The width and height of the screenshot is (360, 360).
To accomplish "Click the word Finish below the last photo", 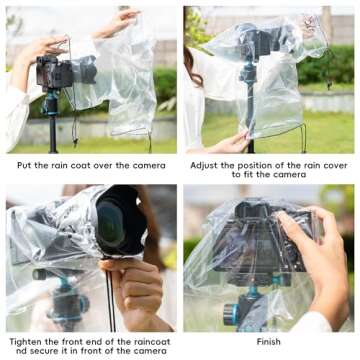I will pos(267,341).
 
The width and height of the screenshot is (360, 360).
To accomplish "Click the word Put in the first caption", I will pos(26,164).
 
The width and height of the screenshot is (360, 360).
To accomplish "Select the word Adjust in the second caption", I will pos(203,164).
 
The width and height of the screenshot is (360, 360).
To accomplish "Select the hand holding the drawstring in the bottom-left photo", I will pos(138,290).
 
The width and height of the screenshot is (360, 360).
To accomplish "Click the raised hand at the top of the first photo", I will pos(120,18).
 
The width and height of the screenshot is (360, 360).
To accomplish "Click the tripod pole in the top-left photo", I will pos(50,125).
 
